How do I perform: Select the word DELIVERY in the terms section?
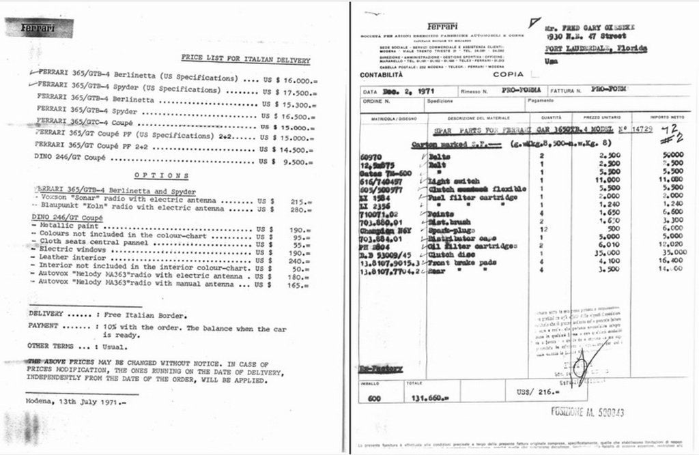coord(46,314)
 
